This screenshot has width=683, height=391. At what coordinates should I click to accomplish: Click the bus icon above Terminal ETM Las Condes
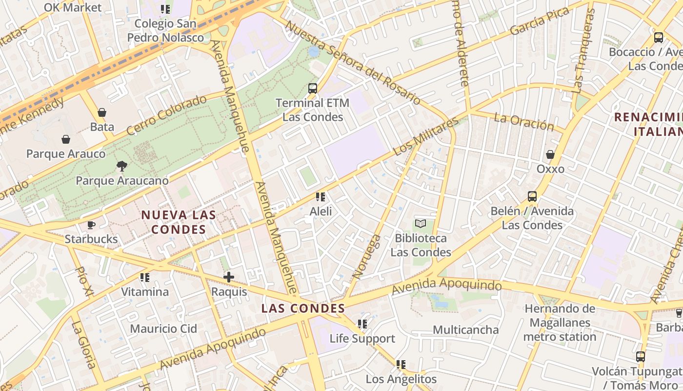pyautogui.click(x=313, y=88)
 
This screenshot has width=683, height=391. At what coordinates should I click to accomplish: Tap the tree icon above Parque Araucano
pyautogui.click(x=122, y=166)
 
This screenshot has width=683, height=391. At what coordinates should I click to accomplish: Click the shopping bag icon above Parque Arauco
pyautogui.click(x=66, y=139)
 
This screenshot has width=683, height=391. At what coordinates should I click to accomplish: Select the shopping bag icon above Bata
pyautogui.click(x=102, y=112)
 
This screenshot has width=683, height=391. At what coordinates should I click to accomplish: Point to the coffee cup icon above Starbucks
pyautogui.click(x=91, y=225)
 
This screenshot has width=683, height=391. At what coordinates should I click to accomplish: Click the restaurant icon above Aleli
pyautogui.click(x=321, y=197)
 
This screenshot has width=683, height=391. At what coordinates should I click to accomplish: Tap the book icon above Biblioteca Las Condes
pyautogui.click(x=421, y=224)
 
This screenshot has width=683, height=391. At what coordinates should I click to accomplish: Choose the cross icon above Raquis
pyautogui.click(x=229, y=277)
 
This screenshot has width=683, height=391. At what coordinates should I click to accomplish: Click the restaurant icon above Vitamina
pyautogui.click(x=145, y=278)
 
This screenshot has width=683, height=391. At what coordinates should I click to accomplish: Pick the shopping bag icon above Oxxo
pyautogui.click(x=550, y=154)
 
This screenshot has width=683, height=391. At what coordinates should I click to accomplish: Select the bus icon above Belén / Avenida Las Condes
pyautogui.click(x=532, y=196)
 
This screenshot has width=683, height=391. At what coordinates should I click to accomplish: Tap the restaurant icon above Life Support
pyautogui.click(x=362, y=324)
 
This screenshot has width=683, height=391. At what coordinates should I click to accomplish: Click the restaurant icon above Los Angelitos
pyautogui.click(x=401, y=365)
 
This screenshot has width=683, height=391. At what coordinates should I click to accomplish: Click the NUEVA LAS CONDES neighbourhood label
pyautogui.click(x=179, y=222)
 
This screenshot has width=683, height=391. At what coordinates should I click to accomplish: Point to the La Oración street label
pyautogui.click(x=524, y=122)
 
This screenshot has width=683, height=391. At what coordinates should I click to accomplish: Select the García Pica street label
pyautogui.click(x=540, y=22)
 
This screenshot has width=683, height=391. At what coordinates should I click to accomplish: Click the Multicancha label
pyautogui.click(x=466, y=330)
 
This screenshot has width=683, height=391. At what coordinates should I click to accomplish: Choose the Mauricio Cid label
pyautogui.click(x=163, y=328)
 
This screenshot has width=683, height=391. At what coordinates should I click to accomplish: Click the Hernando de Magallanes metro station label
pyautogui.click(x=560, y=323)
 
